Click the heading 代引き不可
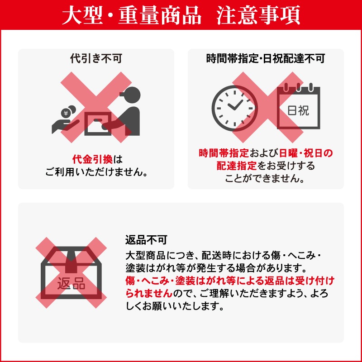[96, 59]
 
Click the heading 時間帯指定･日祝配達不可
[266, 59]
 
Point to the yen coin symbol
[66, 113]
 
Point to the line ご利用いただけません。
[96, 172]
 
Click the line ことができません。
[265, 178]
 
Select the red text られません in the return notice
[148, 293]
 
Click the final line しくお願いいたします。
[174, 306]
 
